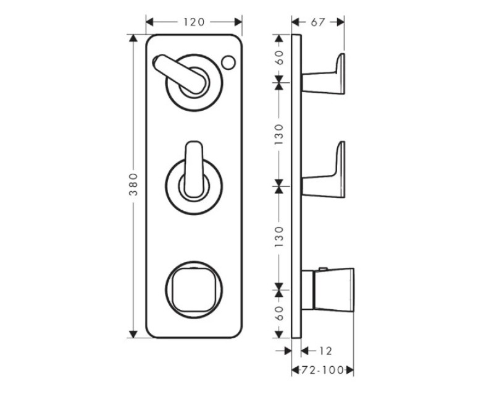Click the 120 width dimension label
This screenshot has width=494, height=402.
coord(194,22)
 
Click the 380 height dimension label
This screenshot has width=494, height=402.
coord(133,184)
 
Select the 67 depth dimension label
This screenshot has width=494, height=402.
coord(317,22)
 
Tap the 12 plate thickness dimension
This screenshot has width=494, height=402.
coord(325,351)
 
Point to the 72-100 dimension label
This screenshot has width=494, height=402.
coord(322,370)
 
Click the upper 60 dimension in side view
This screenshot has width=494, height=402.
coord(279,58)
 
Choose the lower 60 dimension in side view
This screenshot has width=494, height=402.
coord(279,314)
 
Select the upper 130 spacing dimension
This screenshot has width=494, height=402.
coord(279,135)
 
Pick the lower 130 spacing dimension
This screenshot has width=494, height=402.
coord(279,237)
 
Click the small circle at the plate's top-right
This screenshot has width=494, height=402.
coord(228,62)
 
